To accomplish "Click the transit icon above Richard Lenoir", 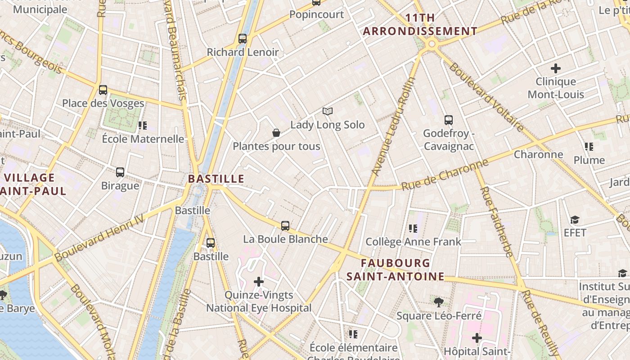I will click(x=243, y=39).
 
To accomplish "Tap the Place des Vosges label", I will click(x=103, y=103).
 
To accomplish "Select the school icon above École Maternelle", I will click(x=143, y=126).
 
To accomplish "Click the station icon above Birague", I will click(x=120, y=172).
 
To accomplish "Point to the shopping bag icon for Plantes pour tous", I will click(x=276, y=133).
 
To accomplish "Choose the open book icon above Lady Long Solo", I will click(x=328, y=111).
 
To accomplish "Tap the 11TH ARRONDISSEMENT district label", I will click(x=420, y=25).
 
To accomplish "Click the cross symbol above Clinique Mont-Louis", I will click(x=556, y=68).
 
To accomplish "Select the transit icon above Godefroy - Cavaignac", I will click(x=449, y=120).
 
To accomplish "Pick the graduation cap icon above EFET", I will click(x=575, y=220).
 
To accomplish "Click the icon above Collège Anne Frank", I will click(x=413, y=229).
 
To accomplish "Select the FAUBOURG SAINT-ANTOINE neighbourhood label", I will click(x=396, y=270).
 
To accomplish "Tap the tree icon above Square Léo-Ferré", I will click(x=439, y=302).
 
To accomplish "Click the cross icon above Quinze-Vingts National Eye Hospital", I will click(x=259, y=282).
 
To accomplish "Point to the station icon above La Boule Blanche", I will click(x=285, y=226).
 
